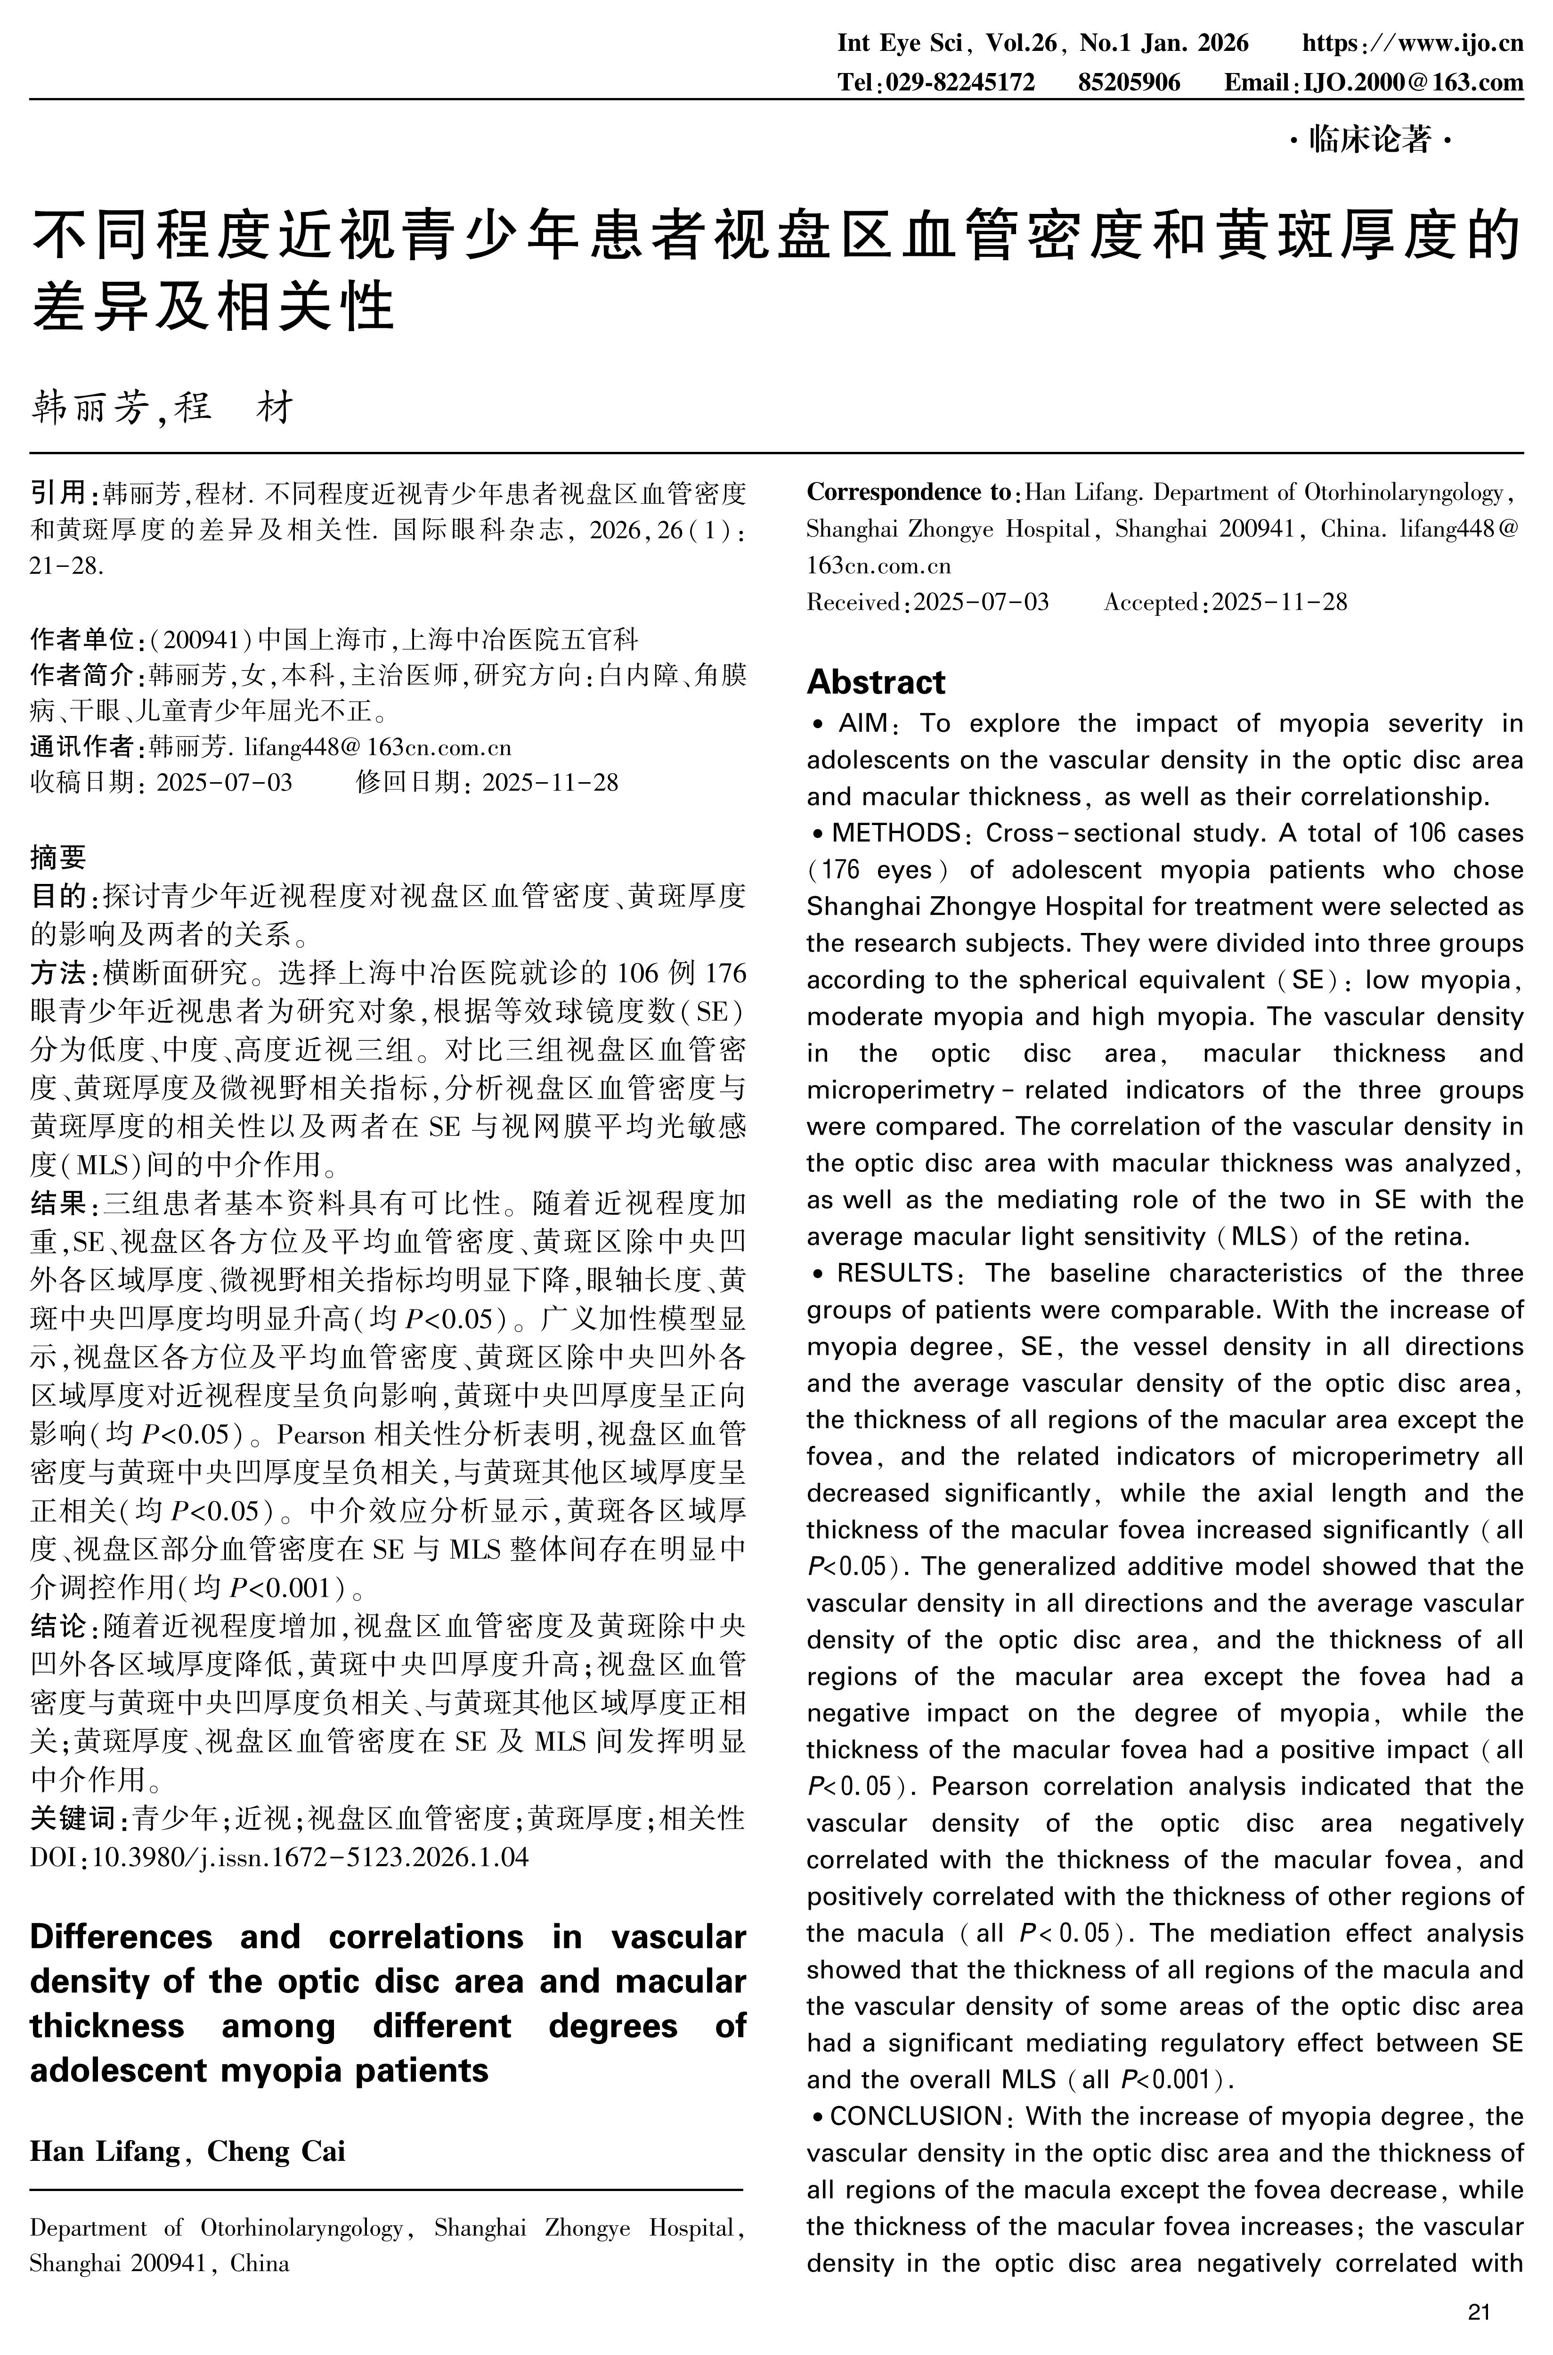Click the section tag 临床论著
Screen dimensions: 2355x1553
coord(1370,141)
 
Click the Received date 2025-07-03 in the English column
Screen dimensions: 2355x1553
coord(981,602)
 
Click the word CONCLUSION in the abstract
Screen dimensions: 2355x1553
coord(915,2116)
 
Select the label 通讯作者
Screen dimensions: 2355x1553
coord(86,746)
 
